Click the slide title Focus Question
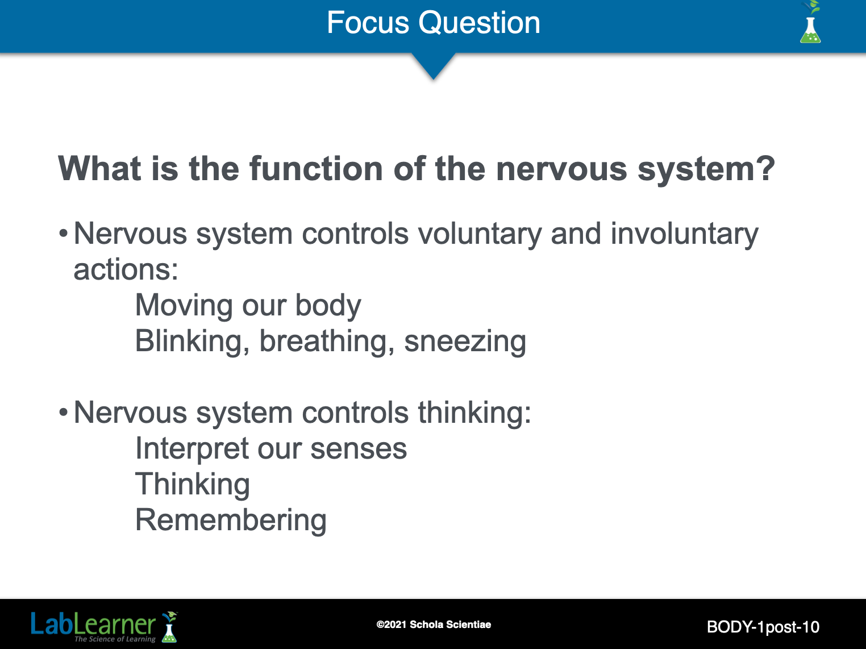433,23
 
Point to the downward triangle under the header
433,66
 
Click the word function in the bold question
316,168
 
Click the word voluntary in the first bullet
480,234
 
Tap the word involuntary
684,234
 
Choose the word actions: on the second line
126,270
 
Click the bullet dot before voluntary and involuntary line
63,234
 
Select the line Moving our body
248,306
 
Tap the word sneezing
465,342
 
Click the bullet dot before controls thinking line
63,413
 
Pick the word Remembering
231,521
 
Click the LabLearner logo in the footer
105,626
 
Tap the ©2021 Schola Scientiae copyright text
434,625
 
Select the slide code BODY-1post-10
763,627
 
